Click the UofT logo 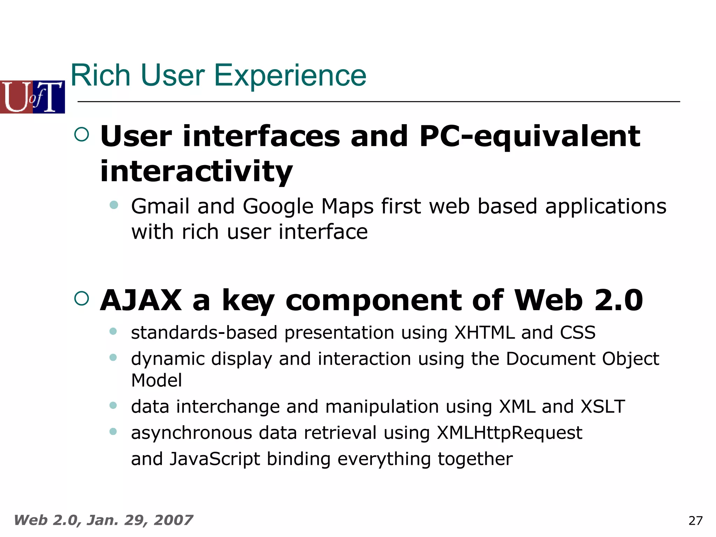coord(32,97)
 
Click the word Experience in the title coord(290,76)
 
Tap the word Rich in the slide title coord(101,76)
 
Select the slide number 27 coord(695,521)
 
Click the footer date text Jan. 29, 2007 coord(139,520)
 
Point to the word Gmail coord(160,206)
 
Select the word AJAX coord(141,300)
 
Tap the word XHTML coord(484,332)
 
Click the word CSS coord(578,332)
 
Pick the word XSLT coord(602,407)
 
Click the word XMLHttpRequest coord(509,433)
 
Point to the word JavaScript coord(215,459)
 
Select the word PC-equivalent coord(529,136)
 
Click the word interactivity coord(196,171)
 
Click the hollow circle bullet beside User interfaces coord(82,134)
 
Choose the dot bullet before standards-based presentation coord(113,331)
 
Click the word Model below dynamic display coord(156,380)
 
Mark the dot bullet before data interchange coord(113,405)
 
